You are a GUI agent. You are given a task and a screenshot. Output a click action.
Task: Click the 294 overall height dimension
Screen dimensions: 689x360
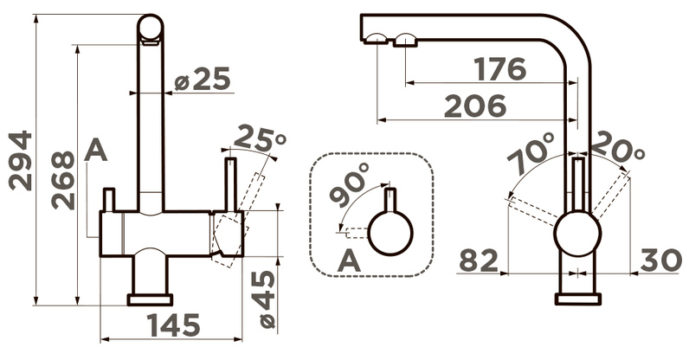pyautogui.click(x=21, y=160)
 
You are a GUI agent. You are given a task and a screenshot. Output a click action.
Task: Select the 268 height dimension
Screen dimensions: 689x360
pyautogui.click(x=63, y=180)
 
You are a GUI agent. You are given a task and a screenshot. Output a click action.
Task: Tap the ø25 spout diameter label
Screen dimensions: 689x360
pyautogui.click(x=203, y=79)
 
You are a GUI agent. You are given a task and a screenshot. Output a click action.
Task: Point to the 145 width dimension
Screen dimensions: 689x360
pyautogui.click(x=174, y=325)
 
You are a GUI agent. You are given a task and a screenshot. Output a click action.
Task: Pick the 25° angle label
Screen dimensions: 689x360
pyautogui.click(x=260, y=138)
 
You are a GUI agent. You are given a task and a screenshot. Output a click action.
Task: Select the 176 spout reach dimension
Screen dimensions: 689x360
pyautogui.click(x=500, y=69)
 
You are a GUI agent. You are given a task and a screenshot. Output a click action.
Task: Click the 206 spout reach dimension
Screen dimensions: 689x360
pyautogui.click(x=475, y=106)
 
